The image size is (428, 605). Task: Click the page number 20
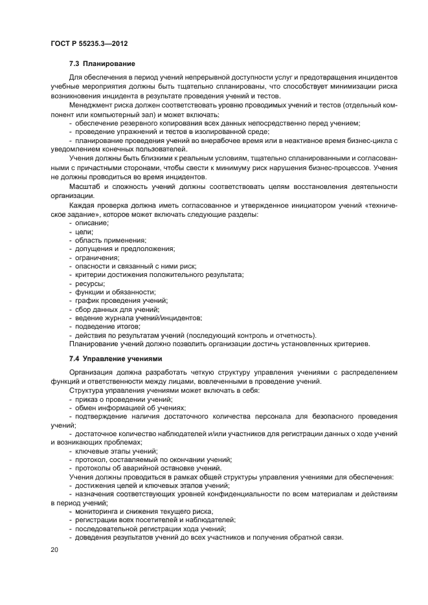(x=54, y=549)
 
